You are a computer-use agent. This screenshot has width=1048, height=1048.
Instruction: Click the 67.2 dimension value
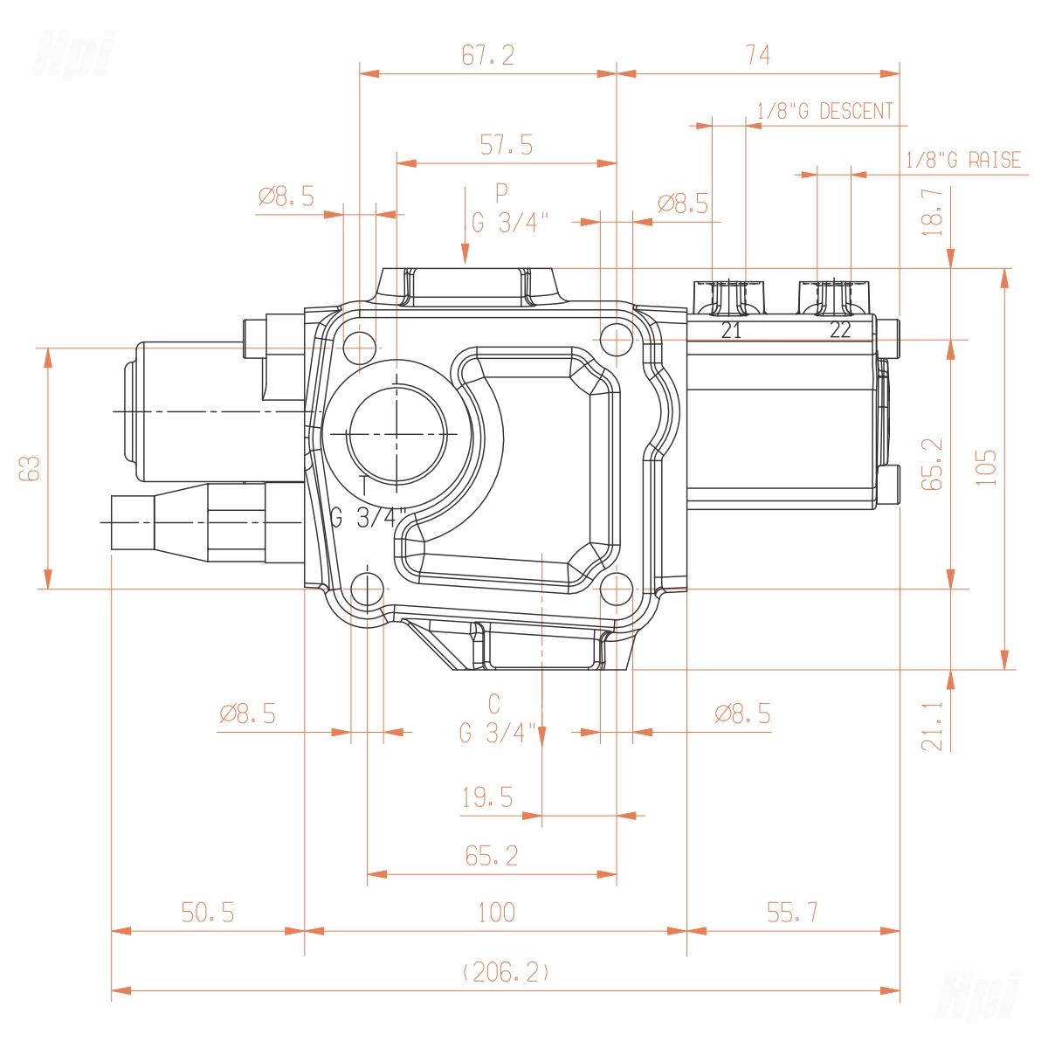(x=488, y=56)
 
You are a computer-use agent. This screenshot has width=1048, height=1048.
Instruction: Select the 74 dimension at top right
(x=757, y=55)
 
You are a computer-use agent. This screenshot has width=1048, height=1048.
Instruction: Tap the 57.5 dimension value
(x=507, y=145)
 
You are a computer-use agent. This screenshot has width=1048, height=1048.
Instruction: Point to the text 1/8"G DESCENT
(x=825, y=111)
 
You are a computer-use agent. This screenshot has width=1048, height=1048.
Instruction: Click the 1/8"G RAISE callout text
(x=963, y=160)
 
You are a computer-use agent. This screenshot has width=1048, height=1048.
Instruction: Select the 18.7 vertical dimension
(x=932, y=212)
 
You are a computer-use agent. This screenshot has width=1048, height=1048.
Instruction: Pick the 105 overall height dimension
(x=985, y=468)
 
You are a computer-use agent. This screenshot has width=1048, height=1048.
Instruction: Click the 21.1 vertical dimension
(x=932, y=726)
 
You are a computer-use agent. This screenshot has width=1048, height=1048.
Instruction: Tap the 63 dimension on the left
(x=30, y=468)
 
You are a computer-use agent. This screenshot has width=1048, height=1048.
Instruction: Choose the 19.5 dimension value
(x=487, y=797)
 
